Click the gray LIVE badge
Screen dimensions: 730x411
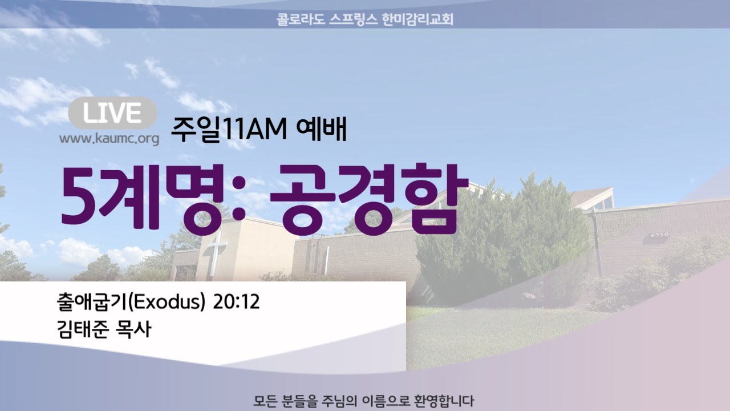112,113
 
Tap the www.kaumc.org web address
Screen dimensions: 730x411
109,139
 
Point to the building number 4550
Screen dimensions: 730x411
660,235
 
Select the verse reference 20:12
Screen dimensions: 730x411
236,302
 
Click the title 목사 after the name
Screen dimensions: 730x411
133,329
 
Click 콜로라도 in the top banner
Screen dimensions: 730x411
300,19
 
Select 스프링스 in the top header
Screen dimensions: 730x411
354,19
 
